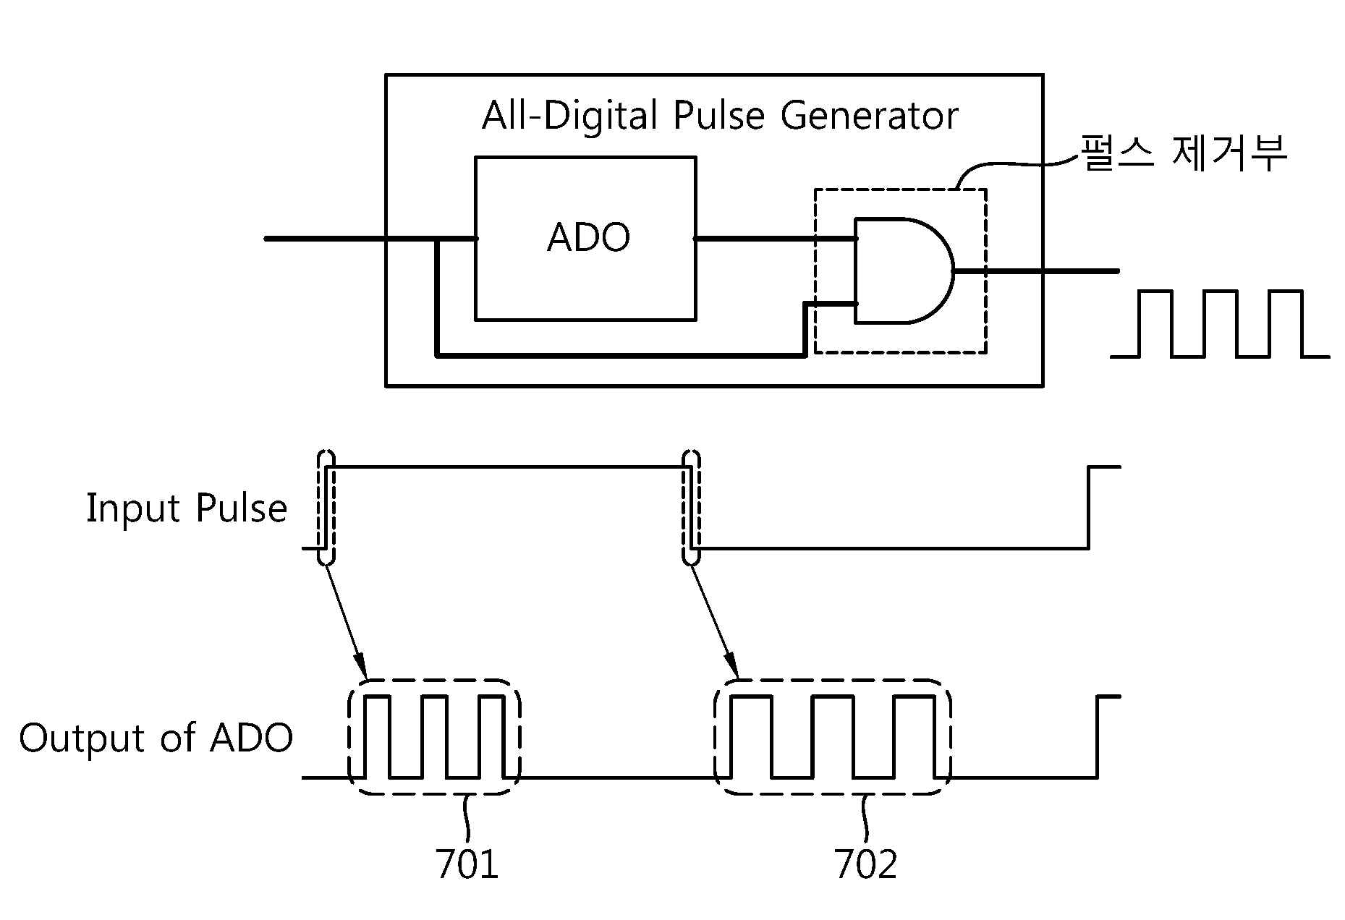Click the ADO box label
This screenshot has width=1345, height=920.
[588, 237]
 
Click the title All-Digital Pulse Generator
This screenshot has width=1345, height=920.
[720, 116]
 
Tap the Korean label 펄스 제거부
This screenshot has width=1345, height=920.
[1183, 153]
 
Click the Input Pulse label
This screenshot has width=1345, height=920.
[187, 508]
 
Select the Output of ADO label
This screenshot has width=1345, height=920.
[156, 738]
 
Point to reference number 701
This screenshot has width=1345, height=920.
[467, 864]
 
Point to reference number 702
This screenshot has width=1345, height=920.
[866, 864]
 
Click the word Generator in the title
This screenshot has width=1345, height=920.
[870, 116]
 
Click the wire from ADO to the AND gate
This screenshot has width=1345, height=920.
[775, 238]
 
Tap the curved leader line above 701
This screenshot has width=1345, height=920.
[467, 818]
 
